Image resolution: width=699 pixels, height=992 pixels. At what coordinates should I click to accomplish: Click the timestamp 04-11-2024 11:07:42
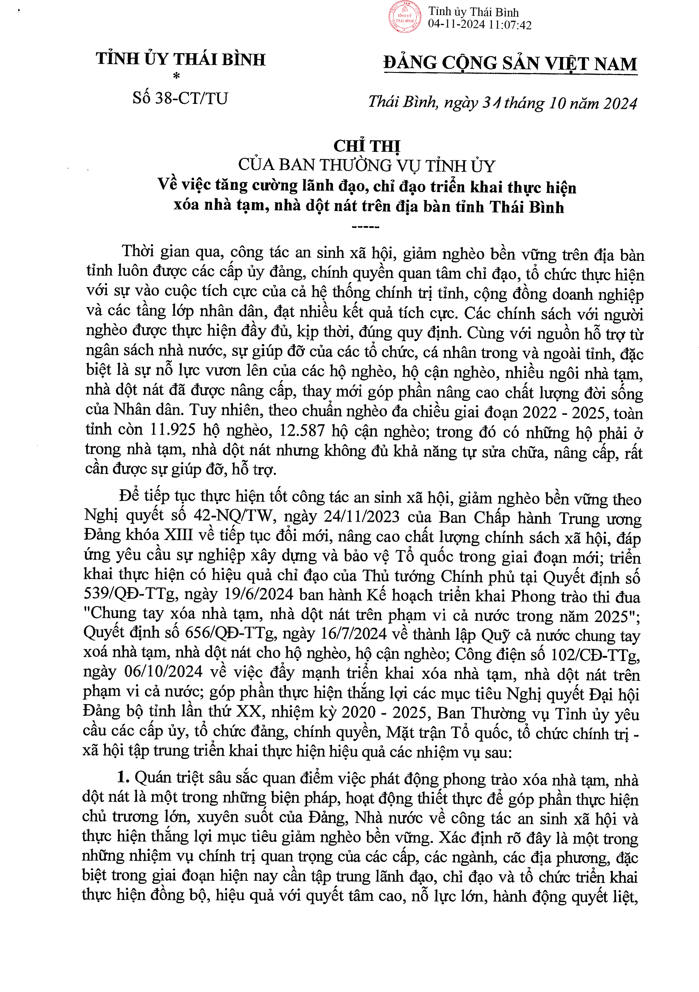tap(480, 25)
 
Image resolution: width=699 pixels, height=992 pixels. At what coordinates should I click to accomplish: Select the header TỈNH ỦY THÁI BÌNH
tap(181, 59)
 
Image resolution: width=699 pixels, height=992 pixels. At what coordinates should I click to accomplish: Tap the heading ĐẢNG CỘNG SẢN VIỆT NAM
tap(510, 64)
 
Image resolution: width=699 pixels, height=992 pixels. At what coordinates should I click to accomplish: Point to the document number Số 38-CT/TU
tap(180, 98)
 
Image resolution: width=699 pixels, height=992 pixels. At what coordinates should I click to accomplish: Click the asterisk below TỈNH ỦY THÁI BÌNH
tap(176, 76)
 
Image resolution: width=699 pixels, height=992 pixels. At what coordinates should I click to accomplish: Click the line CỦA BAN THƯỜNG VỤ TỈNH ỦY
tap(366, 166)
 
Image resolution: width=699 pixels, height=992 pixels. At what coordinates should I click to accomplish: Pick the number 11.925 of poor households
tap(172, 430)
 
